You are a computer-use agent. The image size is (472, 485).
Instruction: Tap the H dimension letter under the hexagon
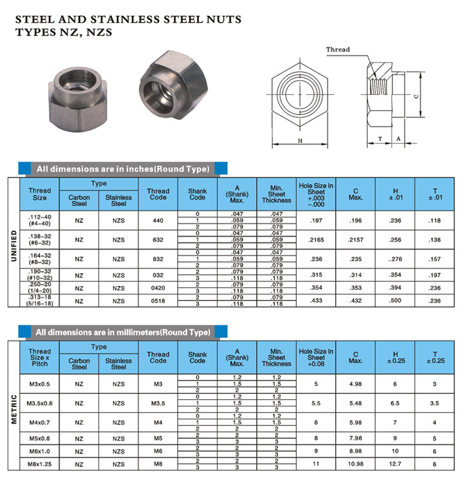pyautogui.click(x=300, y=141)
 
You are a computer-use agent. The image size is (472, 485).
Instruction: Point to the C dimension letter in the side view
pyautogui.click(x=417, y=96)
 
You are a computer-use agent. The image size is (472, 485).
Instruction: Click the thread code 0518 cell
pyautogui.click(x=158, y=300)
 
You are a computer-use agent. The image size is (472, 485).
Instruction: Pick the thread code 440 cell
pyautogui.click(x=158, y=220)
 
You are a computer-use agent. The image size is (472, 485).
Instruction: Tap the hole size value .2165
pyautogui.click(x=316, y=240)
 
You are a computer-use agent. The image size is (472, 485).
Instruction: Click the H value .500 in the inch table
pyautogui.click(x=395, y=300)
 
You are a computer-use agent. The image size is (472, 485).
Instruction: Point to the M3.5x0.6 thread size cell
pyautogui.click(x=40, y=403)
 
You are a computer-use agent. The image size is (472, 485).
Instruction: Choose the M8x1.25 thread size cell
pyautogui.click(x=40, y=464)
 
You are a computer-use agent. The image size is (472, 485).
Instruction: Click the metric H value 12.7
pyautogui.click(x=395, y=464)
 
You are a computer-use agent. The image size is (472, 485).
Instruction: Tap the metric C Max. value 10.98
pyautogui.click(x=355, y=464)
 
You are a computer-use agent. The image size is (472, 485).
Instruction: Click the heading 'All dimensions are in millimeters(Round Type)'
pyautogui.click(x=123, y=332)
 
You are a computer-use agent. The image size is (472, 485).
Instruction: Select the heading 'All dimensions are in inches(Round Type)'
pyautogui.click(x=123, y=169)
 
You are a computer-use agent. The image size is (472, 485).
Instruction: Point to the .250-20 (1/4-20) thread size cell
pyautogui.click(x=40, y=287)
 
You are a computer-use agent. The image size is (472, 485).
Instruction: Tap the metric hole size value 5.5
pyautogui.click(x=316, y=403)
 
